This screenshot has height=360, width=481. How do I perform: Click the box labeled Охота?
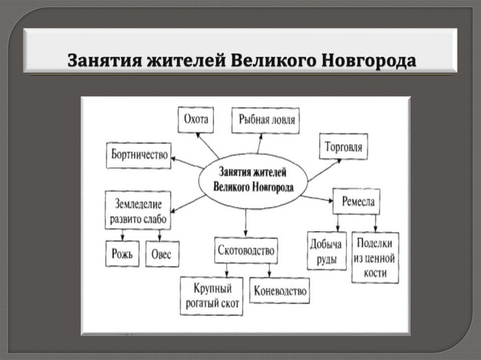point(195,120)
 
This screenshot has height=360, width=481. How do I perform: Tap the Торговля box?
point(343,146)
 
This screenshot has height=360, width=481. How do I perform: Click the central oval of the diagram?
point(253,181)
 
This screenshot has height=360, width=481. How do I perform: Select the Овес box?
point(162,254)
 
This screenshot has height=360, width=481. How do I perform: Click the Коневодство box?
point(280,291)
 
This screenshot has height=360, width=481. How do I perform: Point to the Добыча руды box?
point(327,251)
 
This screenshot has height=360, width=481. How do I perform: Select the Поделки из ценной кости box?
point(375,258)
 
